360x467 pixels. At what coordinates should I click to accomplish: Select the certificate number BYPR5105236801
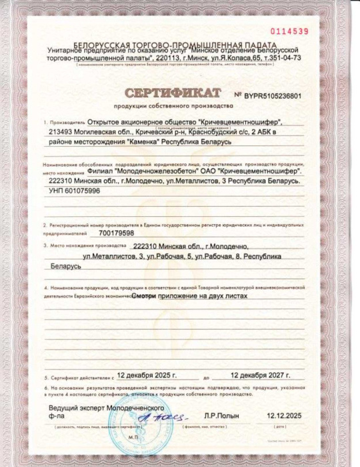[273, 95]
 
